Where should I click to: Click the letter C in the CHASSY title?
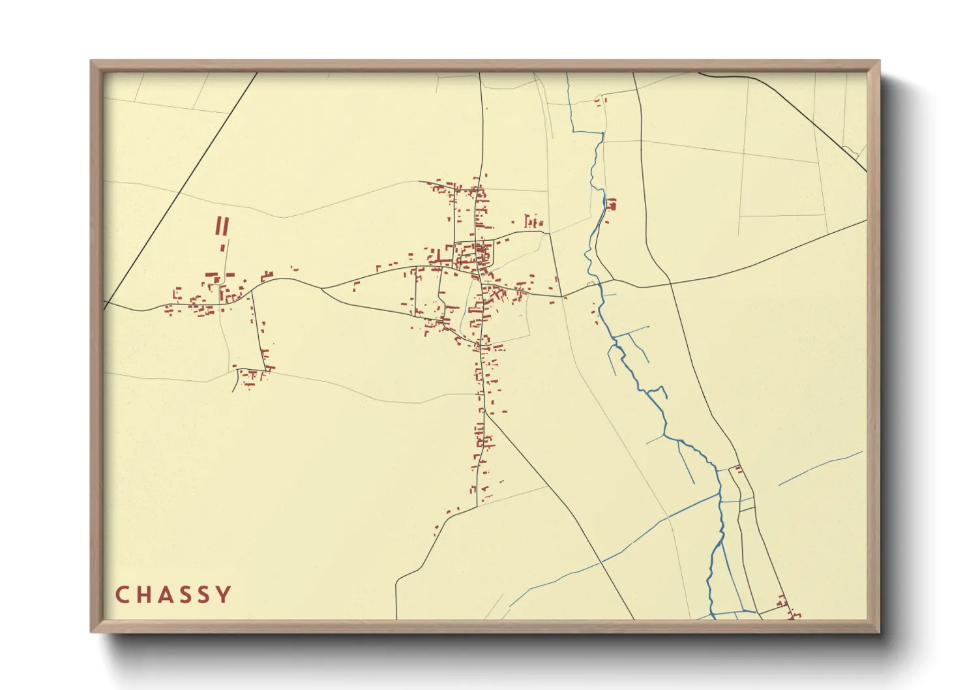122,595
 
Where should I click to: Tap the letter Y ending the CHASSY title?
224,595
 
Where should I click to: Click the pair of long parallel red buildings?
222,226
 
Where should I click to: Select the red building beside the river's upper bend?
612,205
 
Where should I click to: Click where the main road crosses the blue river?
597,284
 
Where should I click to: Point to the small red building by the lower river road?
738,468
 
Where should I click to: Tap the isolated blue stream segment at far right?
822,467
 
